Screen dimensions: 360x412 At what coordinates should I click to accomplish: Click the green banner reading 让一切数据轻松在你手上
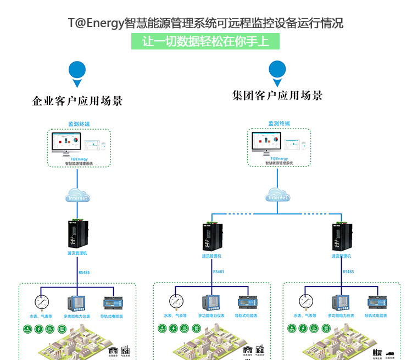[205, 42]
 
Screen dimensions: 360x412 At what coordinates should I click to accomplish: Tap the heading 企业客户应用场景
[77, 101]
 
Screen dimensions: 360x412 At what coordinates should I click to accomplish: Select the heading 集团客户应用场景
[277, 96]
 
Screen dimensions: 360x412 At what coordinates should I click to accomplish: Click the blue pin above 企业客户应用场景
[77, 72]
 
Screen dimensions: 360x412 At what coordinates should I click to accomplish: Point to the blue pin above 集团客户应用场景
[277, 71]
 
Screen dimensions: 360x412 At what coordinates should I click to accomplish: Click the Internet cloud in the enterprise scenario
[77, 196]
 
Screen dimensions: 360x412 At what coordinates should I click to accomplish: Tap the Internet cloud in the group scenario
[278, 196]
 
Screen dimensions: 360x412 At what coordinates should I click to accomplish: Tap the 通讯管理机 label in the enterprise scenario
[77, 253]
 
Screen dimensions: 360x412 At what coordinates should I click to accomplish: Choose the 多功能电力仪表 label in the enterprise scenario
[77, 317]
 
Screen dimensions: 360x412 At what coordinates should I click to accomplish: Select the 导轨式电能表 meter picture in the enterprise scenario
[113, 303]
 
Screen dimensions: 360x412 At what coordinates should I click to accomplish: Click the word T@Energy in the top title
[96, 23]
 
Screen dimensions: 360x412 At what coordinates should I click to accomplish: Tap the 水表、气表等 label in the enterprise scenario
[41, 317]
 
